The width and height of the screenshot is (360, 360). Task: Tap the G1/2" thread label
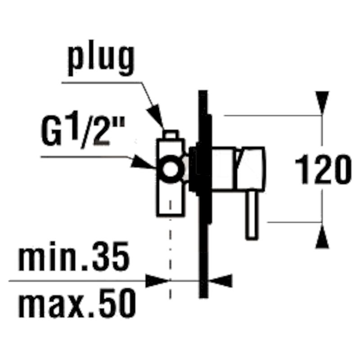pos(83,132)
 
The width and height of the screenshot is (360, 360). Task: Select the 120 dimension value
pos(323,169)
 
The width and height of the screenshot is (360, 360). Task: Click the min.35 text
pos(74,256)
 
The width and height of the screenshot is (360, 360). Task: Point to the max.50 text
pos(77,303)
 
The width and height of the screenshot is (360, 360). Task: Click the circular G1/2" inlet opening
pos(171,169)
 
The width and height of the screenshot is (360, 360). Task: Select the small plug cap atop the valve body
pos(171,134)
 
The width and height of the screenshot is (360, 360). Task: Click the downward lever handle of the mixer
pos(252,216)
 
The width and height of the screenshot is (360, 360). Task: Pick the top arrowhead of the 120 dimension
pos(322,103)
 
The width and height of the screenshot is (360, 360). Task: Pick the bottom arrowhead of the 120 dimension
pos(322,236)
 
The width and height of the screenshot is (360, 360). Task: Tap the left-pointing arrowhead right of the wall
pos(220,280)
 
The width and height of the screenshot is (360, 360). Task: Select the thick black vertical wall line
pos(203,194)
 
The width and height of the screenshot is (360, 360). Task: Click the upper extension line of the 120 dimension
pos(273,116)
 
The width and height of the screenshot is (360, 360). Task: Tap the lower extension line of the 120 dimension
pos(295,222)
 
